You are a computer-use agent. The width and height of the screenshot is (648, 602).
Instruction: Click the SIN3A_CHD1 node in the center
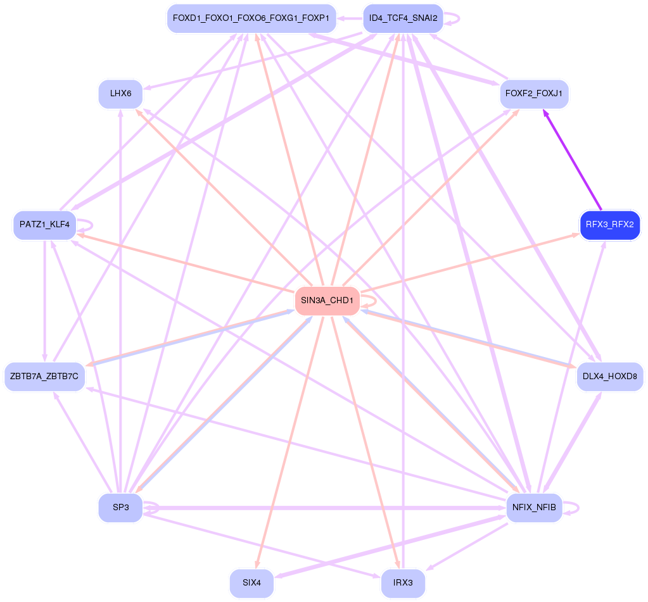327,301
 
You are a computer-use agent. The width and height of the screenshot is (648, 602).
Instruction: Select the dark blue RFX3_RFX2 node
610,225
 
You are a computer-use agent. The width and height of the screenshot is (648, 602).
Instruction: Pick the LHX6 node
120,94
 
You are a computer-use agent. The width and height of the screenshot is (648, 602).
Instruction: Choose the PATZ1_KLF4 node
44,225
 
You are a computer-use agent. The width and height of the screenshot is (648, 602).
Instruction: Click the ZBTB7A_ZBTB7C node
44,377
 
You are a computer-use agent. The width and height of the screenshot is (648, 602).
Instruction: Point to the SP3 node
120,508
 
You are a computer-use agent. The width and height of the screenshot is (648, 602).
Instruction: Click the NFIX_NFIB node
534,508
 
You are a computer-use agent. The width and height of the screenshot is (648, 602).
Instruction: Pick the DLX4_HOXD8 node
610,377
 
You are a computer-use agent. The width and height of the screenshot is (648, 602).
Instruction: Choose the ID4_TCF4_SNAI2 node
403,18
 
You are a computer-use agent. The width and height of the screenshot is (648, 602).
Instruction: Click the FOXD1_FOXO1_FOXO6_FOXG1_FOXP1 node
251,18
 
